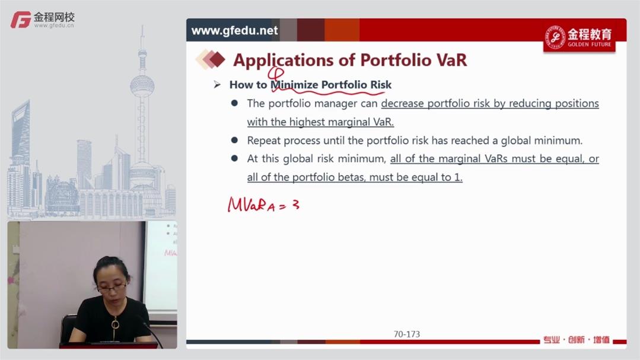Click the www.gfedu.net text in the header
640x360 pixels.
(x=234, y=31)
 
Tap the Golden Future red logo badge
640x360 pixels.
(x=579, y=37)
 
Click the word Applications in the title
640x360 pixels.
(x=284, y=60)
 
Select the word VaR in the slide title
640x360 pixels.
(x=451, y=60)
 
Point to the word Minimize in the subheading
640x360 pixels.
(x=294, y=84)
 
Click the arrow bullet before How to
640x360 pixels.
(x=217, y=84)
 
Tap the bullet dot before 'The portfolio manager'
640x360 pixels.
(x=234, y=103)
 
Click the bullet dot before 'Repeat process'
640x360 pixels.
(x=234, y=141)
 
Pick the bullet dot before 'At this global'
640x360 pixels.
(x=234, y=158)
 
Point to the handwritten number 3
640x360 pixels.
(x=296, y=204)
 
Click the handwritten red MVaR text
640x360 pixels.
(x=251, y=205)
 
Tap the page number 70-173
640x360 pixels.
(x=406, y=334)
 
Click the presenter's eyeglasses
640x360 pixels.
(x=111, y=288)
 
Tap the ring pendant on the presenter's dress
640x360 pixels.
(x=116, y=324)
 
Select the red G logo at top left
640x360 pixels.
(x=21, y=20)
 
